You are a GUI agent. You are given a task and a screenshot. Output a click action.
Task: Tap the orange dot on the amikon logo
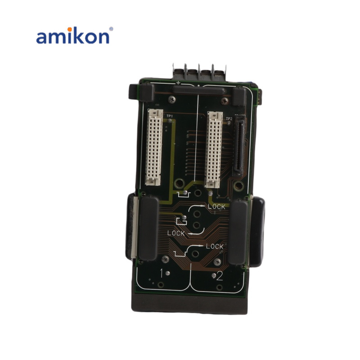(69, 29)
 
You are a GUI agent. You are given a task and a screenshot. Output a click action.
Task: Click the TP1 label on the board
(170, 116)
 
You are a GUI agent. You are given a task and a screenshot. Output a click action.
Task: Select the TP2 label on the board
(229, 119)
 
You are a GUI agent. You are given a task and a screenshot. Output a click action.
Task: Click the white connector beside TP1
(154, 147)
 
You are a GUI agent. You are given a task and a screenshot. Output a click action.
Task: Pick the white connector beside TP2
(214, 149)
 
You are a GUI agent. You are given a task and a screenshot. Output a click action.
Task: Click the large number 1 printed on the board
(162, 273)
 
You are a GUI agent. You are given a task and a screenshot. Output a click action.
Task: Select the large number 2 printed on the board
(220, 276)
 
